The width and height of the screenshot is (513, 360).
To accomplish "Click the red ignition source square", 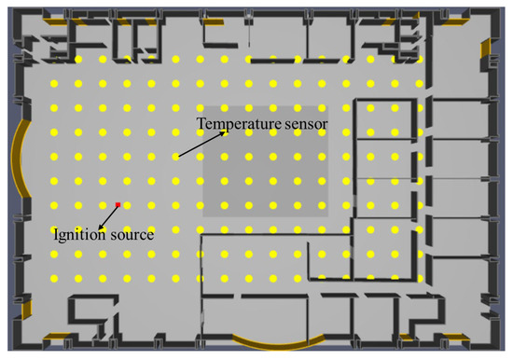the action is click(118, 205).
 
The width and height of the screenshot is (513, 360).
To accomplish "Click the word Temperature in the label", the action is click(239, 124).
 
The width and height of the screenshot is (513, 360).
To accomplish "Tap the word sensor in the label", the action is click(306, 124).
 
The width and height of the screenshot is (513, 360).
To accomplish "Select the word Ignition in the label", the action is click(79, 234).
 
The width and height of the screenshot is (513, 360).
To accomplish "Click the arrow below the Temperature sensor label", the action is click(201, 145).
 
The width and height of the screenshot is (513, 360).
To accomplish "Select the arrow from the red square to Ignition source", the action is click(108, 217).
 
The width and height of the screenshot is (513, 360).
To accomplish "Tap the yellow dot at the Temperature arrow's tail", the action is click(175, 157).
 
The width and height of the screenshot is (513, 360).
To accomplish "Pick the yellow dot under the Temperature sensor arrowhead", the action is click(225, 132).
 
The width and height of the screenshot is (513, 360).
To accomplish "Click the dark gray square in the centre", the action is click(265, 161).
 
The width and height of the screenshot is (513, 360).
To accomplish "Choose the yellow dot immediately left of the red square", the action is click(103, 205).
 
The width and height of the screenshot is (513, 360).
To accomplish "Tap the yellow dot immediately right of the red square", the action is click(127, 205).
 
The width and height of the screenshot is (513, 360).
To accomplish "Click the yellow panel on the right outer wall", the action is click(486, 48).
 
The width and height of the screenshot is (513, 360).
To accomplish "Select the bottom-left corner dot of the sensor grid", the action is click(54, 279).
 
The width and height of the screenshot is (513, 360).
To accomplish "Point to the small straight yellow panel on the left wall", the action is click(27, 309).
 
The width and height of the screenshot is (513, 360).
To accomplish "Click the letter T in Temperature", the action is click(201, 123).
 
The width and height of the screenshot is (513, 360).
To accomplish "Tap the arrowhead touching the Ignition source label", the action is click(100, 228).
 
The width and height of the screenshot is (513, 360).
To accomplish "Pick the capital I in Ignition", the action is click(56, 234).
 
